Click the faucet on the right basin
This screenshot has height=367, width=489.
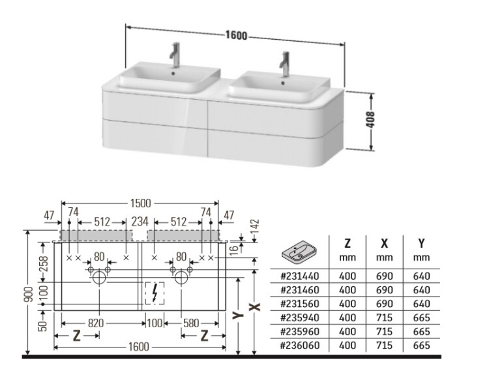(x=284, y=61)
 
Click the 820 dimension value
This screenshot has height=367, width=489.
(x=96, y=323)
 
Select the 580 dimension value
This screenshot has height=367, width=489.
(x=191, y=323)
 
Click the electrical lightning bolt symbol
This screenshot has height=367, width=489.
(x=155, y=295)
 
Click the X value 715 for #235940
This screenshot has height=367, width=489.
(x=385, y=318)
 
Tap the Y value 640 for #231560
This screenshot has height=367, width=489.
(x=421, y=304)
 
